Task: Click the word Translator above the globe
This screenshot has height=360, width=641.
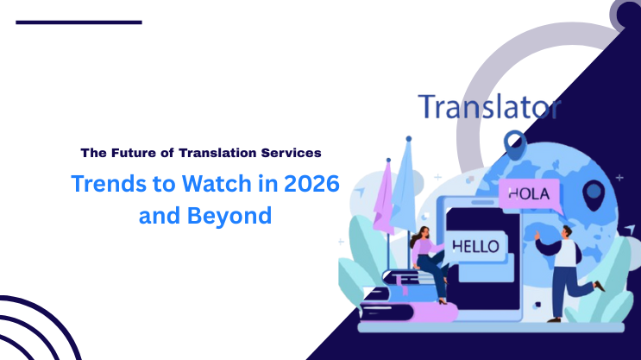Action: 489,108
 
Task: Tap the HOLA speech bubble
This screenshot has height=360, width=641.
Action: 529,193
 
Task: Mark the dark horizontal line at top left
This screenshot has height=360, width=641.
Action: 79,22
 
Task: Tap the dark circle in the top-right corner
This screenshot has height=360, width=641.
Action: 626,13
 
